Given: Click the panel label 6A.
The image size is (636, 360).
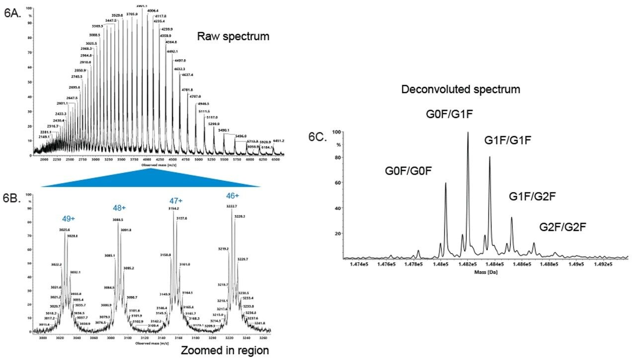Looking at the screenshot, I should coord(13,13).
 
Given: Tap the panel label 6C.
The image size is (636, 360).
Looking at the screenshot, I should coord(317,138).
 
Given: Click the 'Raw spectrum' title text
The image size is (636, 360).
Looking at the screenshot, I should coord(233,36).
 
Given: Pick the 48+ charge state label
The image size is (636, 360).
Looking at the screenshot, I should coord(120,208).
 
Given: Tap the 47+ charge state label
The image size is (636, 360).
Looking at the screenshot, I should coord(176,201).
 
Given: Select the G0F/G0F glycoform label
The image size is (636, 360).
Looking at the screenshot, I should coord(408,171).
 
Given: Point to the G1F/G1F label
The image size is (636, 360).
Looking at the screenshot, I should coord(508,141).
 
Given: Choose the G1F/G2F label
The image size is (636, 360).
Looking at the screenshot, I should coord(532,197).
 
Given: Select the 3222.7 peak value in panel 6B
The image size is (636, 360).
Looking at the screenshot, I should coord(233,206).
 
